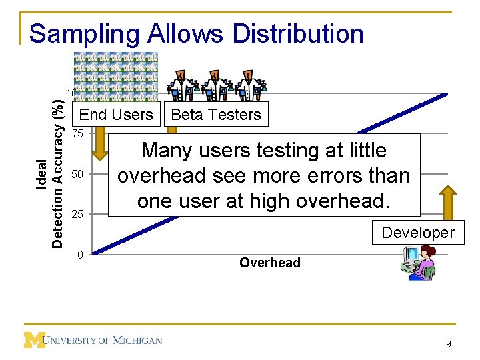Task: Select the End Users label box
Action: point(116,115)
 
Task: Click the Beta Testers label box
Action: point(216,115)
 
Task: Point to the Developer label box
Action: point(418,233)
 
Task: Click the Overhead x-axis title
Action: point(270,263)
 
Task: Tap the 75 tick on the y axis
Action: point(78,133)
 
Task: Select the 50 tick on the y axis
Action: point(78,174)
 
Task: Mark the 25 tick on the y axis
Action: point(78,214)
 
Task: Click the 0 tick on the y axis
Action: point(80,254)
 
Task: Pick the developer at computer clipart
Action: point(417,263)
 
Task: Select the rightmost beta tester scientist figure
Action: point(251,85)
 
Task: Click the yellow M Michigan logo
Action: point(35,340)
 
